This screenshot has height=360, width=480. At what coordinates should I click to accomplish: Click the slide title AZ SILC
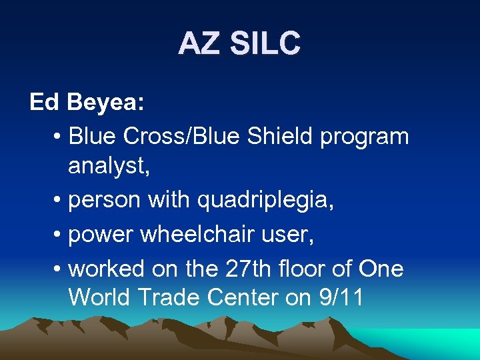pyautogui.click(x=239, y=44)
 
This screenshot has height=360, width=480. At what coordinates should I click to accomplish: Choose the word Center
pyautogui.click(x=247, y=297)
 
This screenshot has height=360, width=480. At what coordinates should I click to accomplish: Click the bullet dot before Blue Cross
pyautogui.click(x=59, y=137)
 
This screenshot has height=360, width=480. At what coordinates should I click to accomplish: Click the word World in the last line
pyautogui.click(x=101, y=297)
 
